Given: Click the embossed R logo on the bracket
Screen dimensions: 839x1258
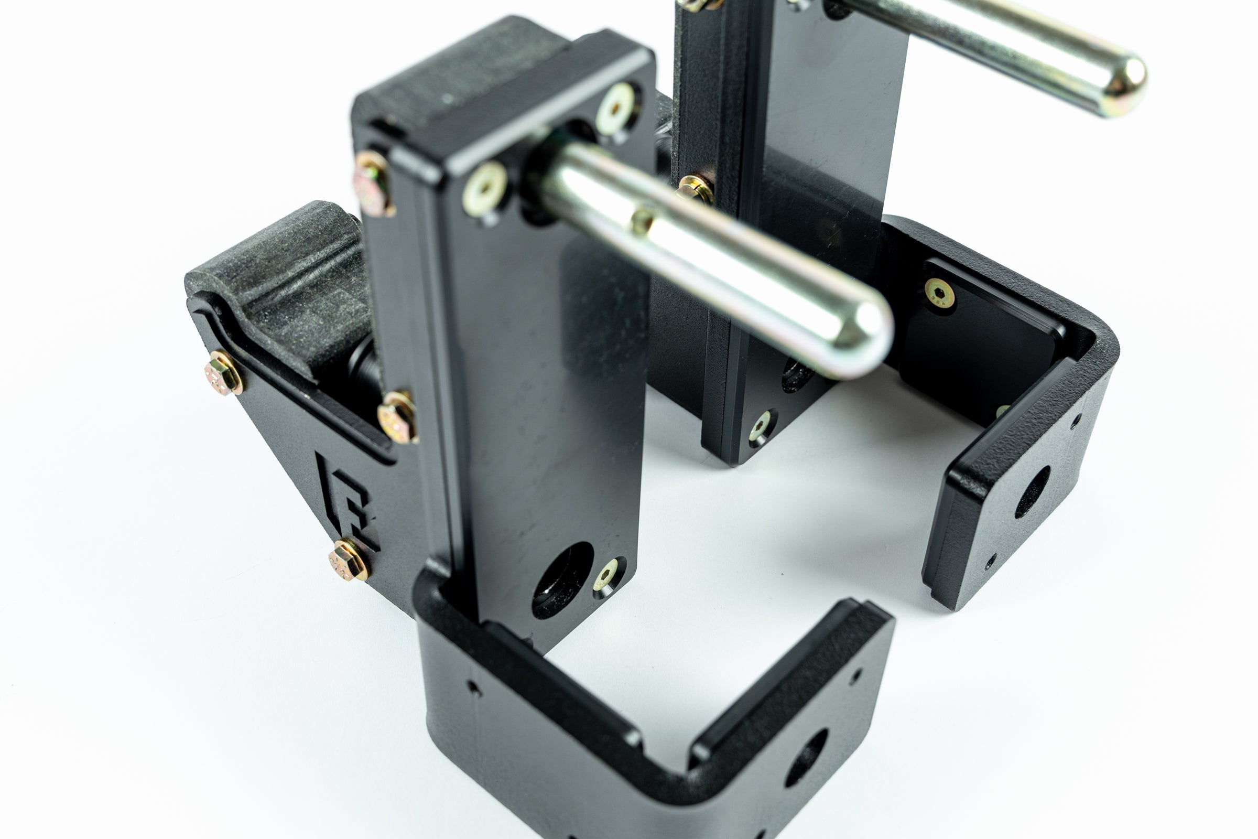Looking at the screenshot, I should pos(346,500).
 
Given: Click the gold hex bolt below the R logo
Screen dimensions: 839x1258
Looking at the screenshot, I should pos(349,560).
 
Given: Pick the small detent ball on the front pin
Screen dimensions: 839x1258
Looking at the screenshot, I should pos(642,220).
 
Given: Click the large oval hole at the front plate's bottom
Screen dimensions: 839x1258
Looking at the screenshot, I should pos(561,580).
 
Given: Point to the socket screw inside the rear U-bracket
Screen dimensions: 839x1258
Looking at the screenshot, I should pos(940,294).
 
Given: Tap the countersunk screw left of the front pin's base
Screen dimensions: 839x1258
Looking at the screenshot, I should pos(484,188).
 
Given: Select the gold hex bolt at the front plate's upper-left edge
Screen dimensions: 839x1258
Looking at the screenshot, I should pos(374,183).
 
